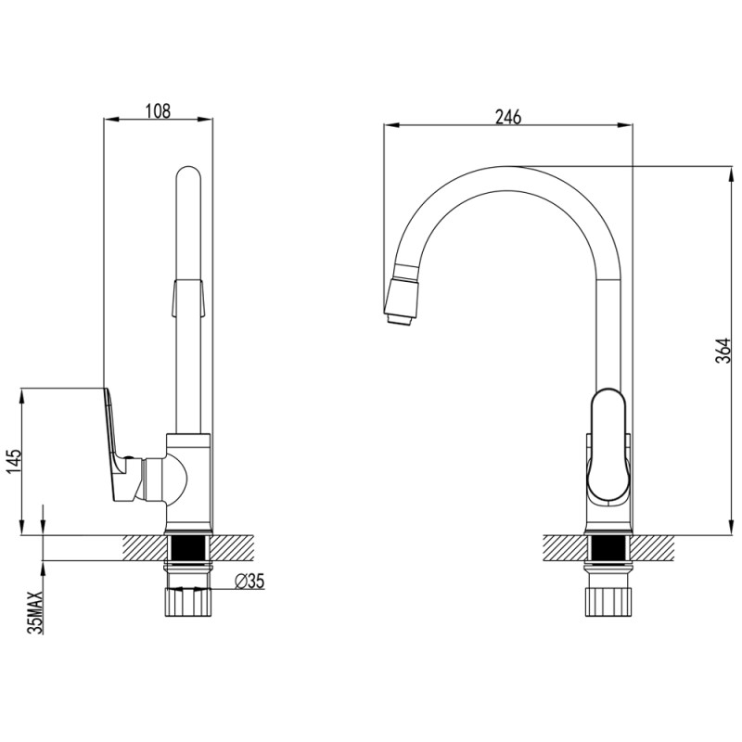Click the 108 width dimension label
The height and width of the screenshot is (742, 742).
point(158,110)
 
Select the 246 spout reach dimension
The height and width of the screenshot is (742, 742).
point(507,117)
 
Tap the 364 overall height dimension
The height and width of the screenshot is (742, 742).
point(723,351)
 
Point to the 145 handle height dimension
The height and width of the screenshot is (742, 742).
point(14,461)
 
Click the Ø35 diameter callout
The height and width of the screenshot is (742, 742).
point(249,581)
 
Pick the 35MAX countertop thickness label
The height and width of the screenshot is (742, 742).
point(35,612)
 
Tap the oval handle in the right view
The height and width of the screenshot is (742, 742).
point(608,444)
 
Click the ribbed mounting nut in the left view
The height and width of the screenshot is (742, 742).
point(188,601)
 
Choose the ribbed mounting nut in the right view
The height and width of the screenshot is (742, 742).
point(608,601)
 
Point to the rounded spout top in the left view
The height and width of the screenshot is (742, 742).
point(188,175)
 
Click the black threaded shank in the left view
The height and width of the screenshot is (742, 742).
point(188,548)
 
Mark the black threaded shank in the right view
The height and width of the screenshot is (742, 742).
point(608,548)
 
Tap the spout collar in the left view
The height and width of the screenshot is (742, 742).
point(188,298)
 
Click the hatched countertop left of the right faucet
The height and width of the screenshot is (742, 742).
point(565,548)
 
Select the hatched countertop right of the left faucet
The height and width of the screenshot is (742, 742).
point(233,548)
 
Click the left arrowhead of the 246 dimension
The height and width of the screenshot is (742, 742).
point(392,125)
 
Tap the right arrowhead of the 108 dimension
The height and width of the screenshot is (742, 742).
point(205,119)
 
